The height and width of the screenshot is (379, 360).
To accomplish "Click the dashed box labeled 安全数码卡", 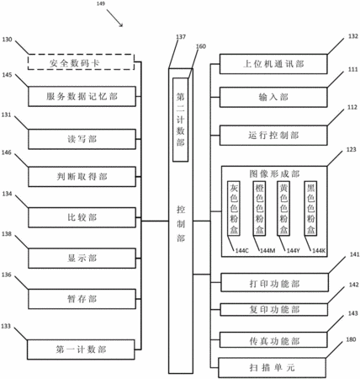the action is (x=81, y=62).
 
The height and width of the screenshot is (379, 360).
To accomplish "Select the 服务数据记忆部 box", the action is (x=82, y=97).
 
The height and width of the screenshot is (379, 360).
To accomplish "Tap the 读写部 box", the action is (x=82, y=139).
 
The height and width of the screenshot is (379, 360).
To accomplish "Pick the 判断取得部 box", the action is (x=82, y=177).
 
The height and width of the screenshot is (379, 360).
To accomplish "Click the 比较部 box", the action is (x=82, y=217).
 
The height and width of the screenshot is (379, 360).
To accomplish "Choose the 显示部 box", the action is (x=82, y=259).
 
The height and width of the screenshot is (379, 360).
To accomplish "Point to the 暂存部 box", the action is (x=82, y=299).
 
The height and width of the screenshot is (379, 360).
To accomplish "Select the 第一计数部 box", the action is (x=81, y=350).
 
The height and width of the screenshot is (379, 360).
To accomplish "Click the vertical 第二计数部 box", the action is (x=180, y=120).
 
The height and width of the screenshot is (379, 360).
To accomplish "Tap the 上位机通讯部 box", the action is (x=273, y=64).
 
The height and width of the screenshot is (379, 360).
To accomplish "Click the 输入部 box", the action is (x=273, y=97).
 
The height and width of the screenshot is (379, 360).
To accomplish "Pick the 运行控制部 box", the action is (x=273, y=136).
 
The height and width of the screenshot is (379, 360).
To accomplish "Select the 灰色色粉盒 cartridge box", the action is (x=234, y=208).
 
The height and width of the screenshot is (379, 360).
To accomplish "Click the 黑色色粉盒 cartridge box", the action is (x=310, y=208).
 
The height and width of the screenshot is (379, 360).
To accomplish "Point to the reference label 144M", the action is (x=267, y=251).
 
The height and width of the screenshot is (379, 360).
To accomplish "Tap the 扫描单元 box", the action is (x=272, y=367).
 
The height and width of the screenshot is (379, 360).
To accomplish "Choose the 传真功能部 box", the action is (x=273, y=340).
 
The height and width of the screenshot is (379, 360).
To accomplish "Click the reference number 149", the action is (x=100, y=4).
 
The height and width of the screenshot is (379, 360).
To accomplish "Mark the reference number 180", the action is (x=351, y=339).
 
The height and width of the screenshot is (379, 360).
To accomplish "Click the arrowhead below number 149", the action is (x=122, y=25).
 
